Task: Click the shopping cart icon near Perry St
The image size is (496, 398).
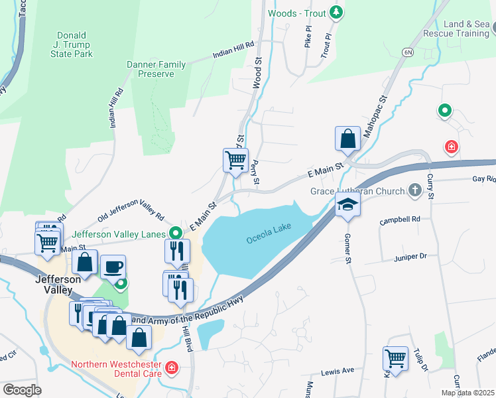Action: click(235, 161)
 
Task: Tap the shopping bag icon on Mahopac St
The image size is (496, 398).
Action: click(347, 139)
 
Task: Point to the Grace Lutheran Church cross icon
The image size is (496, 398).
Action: click(415, 191)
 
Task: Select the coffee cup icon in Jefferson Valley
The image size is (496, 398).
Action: click(113, 267)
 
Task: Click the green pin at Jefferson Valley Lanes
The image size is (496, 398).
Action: click(176, 233)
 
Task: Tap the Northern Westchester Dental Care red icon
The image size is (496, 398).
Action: click(172, 366)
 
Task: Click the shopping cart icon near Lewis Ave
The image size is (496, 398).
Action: click(395, 359)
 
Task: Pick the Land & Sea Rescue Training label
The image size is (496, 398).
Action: click(466, 29)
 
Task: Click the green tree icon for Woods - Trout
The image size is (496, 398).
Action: click(336, 12)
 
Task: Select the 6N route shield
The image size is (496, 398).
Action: click(407, 51)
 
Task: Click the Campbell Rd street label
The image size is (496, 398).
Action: click(401, 219)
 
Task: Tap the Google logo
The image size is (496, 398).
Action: click(22, 389)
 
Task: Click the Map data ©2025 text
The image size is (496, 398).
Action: click(467, 393)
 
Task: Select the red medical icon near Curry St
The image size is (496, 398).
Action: click(452, 146)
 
